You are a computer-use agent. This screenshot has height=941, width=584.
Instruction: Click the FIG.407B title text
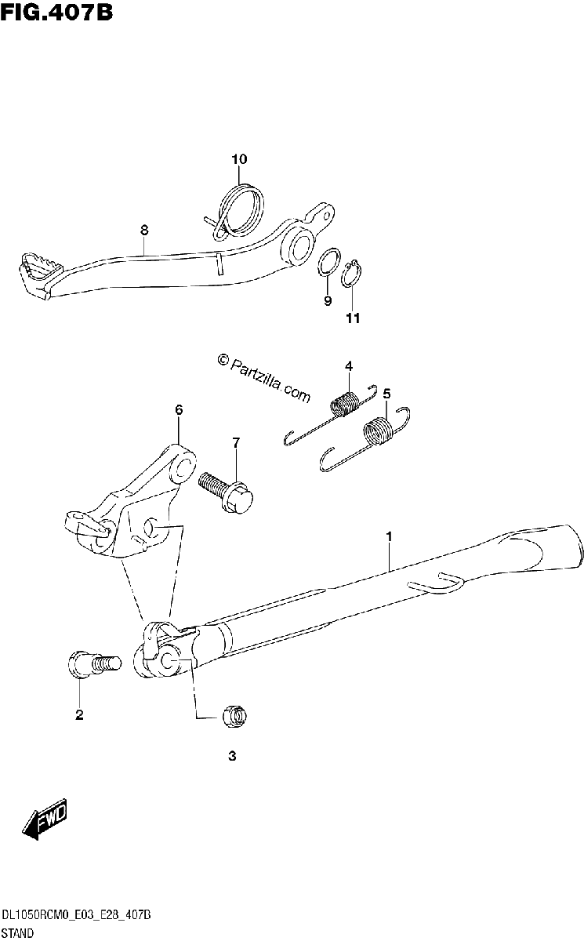pos(56,13)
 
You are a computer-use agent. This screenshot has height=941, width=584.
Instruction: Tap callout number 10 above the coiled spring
pos(239,160)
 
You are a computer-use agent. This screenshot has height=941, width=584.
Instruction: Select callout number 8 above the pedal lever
pos(144,231)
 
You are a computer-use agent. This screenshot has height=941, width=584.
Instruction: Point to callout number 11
pos(353,318)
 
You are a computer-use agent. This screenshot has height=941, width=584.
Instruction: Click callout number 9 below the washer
pos(328,301)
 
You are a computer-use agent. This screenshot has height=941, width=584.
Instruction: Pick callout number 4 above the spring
pos(349,366)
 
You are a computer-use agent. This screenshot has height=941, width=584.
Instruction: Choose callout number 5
pos(386,394)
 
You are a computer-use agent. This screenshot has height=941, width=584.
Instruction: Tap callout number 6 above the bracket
pos(180,409)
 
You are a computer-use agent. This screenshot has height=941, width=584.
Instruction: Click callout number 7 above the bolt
pos(236,443)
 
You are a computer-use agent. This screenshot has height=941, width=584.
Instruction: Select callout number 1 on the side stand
pos(389,537)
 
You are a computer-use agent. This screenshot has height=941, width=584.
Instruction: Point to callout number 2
pos(79,714)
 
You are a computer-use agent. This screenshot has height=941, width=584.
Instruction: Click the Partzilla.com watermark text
pos(264,377)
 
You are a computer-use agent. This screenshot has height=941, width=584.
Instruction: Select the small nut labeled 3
pos(234,716)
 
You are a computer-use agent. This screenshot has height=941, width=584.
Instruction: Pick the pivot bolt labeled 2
pos(94,665)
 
